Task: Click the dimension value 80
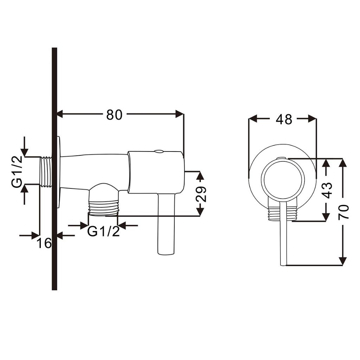point(114,115)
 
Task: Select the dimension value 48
point(284,119)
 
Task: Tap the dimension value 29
point(201,194)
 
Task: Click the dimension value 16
point(44,243)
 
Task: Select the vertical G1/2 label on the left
point(17,171)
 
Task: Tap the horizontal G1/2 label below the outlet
point(104,231)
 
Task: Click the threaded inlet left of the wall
point(46,172)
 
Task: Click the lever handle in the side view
point(166,224)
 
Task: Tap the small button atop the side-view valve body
point(159,151)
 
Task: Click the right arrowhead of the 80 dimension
point(180,114)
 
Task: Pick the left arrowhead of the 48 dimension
point(253,119)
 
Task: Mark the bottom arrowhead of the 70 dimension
point(343,262)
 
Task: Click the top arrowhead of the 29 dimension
point(200,175)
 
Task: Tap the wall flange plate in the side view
point(59,172)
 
